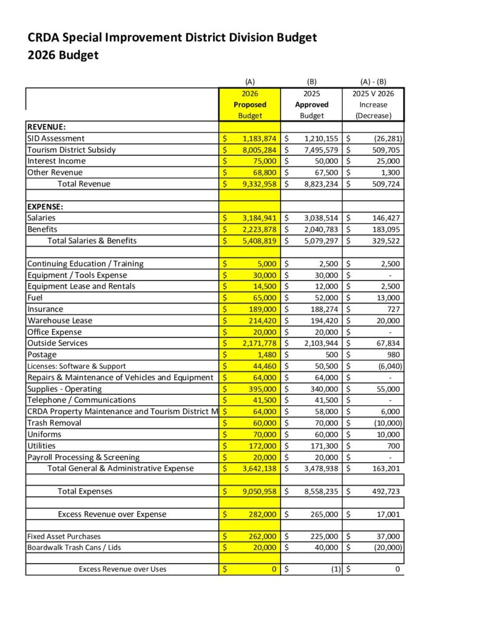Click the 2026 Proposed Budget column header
[x=250, y=104]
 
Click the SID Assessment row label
[x=56, y=138]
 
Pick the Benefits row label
[x=42, y=229]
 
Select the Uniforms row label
[x=44, y=434]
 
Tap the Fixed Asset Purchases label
[x=64, y=537]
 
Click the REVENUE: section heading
[x=47, y=127]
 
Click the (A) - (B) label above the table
[x=373, y=82]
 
